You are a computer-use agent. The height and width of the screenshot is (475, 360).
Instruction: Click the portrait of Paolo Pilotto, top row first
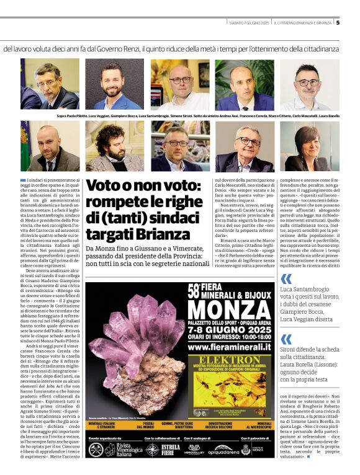point(50,84)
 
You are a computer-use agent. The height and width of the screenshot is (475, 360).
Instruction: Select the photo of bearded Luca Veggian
point(114,84)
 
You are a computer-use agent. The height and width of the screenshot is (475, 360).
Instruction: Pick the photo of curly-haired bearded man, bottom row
point(114,146)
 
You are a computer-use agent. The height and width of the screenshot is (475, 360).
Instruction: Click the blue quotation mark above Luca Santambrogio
point(286,279)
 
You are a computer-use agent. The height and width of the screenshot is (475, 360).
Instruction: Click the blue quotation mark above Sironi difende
point(286,339)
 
